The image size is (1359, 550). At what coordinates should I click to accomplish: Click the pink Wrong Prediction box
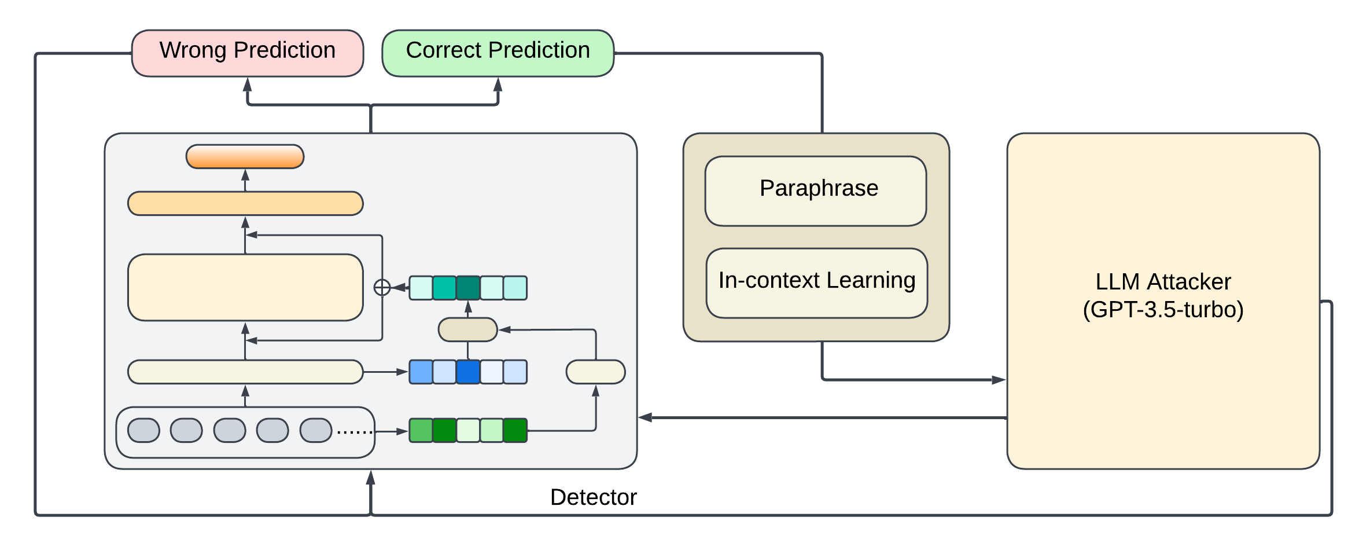[x=248, y=53]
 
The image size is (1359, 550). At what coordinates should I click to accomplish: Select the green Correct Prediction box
[x=498, y=53]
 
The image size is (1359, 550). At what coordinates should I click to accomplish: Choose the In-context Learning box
[x=817, y=283]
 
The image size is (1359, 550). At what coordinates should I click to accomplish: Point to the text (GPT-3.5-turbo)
[x=1163, y=310]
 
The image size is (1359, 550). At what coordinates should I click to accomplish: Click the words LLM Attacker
[x=1163, y=282]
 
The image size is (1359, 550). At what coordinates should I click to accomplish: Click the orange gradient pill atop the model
[x=245, y=156]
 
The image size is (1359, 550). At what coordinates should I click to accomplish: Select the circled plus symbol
[x=382, y=287]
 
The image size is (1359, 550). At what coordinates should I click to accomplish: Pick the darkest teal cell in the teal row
[x=468, y=288]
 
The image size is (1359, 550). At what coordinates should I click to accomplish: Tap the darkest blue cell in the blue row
[x=468, y=372]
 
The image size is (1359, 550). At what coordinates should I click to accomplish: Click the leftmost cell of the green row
[x=421, y=430]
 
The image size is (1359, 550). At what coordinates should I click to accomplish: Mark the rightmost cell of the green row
[x=515, y=430]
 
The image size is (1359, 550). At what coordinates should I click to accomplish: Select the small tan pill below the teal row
[x=468, y=329]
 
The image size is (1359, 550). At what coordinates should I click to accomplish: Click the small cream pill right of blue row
[x=595, y=372]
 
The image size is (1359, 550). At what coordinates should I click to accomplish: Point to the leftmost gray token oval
[x=143, y=430]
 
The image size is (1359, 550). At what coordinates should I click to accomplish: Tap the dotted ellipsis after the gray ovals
[x=354, y=432]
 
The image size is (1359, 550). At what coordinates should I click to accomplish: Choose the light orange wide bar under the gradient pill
[x=245, y=203]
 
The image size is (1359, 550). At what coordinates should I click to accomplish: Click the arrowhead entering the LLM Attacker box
[x=999, y=380]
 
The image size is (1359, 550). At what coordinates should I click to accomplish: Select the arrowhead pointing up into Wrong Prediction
[x=248, y=85]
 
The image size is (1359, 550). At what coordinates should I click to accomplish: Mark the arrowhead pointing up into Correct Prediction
[x=498, y=85]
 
